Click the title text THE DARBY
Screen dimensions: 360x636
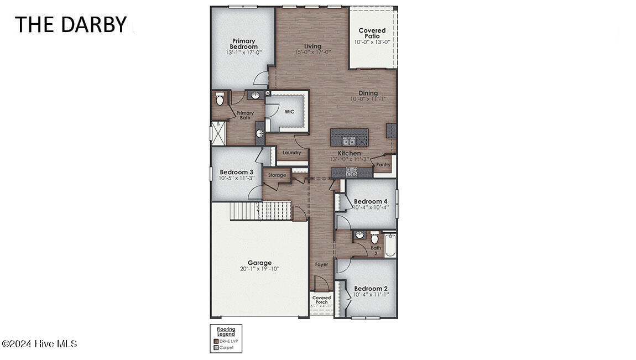tap(70, 24)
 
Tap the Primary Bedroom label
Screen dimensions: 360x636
tap(243, 44)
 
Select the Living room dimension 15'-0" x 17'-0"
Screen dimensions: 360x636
tap(312, 52)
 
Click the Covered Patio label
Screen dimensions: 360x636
tap(372, 33)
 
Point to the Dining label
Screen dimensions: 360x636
tap(368, 93)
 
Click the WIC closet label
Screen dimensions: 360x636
tap(289, 112)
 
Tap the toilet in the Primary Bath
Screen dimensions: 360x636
tap(220, 100)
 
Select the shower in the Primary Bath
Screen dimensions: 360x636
tap(218, 133)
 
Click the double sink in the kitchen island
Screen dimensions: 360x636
tap(349, 141)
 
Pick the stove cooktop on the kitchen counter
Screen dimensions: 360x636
tap(352, 172)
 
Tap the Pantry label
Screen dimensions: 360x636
tap(383, 164)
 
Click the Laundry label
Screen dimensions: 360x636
tap(291, 153)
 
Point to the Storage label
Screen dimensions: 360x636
tap(277, 175)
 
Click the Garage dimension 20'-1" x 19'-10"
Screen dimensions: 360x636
tap(259, 269)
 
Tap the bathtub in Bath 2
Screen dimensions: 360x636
tap(390, 245)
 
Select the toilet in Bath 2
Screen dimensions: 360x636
tap(374, 238)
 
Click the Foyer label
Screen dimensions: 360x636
tap(321, 264)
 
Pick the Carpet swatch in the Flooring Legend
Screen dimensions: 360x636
tap(216, 348)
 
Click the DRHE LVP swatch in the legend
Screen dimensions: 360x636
tap(216, 341)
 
